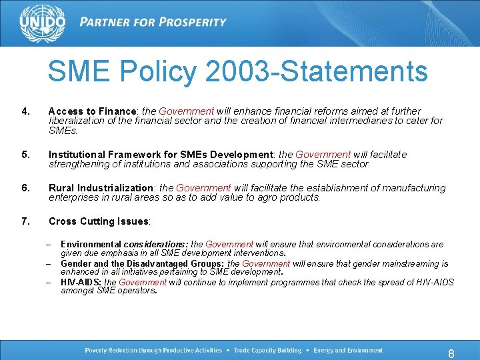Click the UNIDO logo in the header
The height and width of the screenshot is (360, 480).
pos(43,23)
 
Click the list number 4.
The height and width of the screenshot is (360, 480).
pos(26,111)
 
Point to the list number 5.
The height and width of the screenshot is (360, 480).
pos(26,155)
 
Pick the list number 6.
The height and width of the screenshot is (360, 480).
pos(26,188)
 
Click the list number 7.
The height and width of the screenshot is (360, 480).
pos(26,221)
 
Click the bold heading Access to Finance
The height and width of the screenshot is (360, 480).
pos(92,111)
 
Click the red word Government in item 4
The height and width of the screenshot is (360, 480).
pos(186,111)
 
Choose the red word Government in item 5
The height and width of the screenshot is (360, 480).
pos(323,155)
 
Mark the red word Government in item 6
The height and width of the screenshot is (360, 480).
pos(203,188)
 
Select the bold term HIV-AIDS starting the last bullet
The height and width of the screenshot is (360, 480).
pos(81,283)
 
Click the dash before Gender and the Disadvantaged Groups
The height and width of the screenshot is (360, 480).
pos(49,264)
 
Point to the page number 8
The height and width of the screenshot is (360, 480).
pos(451,354)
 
